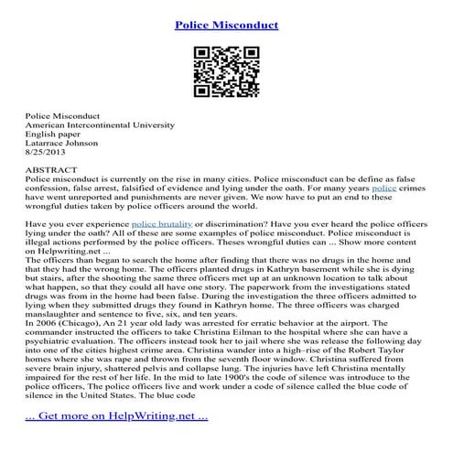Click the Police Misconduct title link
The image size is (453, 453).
(226, 21)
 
